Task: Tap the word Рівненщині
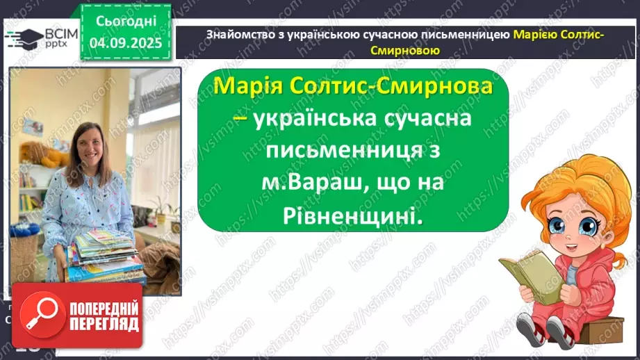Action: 352,217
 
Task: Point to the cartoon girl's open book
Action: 528,275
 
